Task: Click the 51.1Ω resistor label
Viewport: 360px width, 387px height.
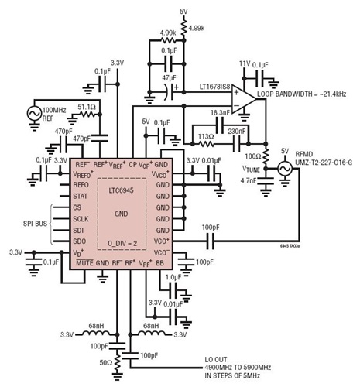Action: click(64, 105)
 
